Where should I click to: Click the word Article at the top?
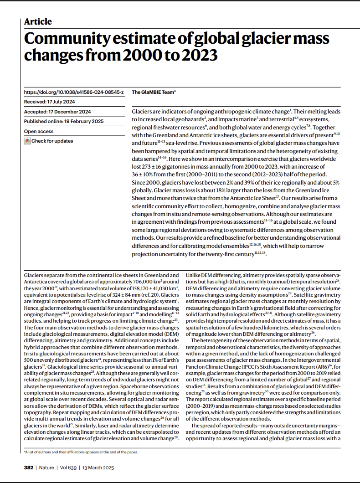tap(38, 21)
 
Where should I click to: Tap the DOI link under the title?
tap(74, 92)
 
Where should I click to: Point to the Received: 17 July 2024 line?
tap(50, 102)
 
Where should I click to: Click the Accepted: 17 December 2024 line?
tap(57, 112)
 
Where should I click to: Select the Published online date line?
tap(64, 121)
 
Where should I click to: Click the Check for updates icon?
tap(27, 141)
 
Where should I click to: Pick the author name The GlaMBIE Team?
tap(153, 92)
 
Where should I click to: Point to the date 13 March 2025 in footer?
tap(98, 468)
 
